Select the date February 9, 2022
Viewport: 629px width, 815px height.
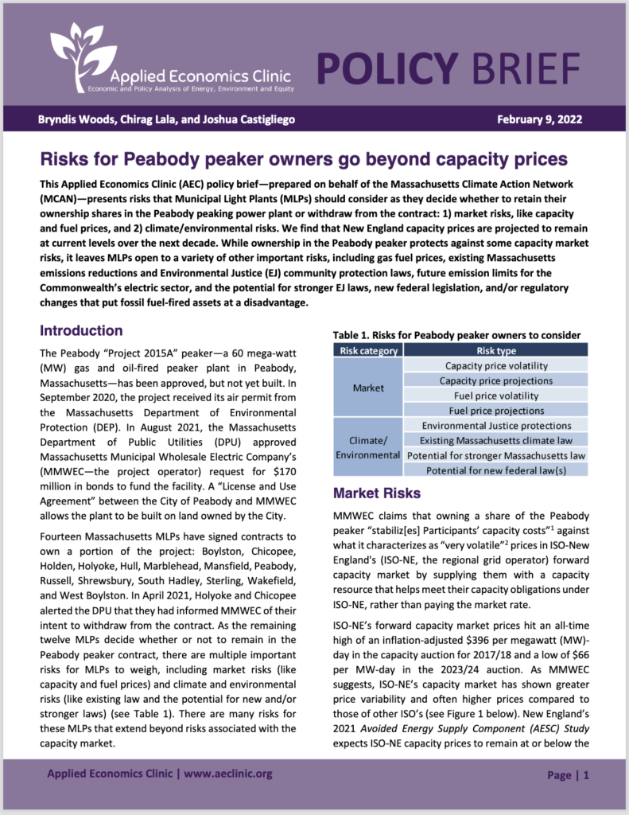(x=540, y=120)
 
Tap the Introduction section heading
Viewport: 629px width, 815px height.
(x=81, y=330)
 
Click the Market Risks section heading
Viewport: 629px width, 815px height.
(x=378, y=493)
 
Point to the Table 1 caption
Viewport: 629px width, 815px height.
(x=456, y=335)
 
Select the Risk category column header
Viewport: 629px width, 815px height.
(x=367, y=350)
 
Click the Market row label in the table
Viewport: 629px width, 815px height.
(x=367, y=388)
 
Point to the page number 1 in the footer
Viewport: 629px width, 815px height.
(x=586, y=774)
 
